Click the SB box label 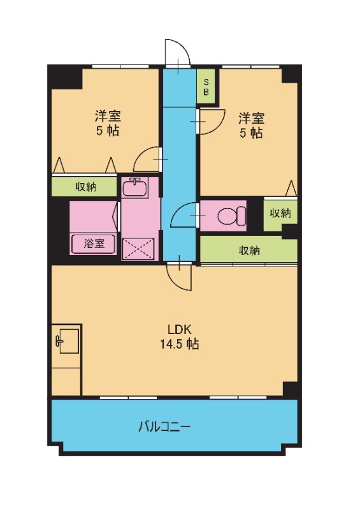click(206, 85)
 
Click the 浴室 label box click(93, 244)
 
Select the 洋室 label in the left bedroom click(108, 117)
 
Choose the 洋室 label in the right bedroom click(251, 118)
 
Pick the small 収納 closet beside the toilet click(280, 214)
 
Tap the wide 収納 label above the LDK click(249, 250)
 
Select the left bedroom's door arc click(148, 158)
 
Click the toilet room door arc click(186, 215)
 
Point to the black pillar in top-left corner click(64, 78)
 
